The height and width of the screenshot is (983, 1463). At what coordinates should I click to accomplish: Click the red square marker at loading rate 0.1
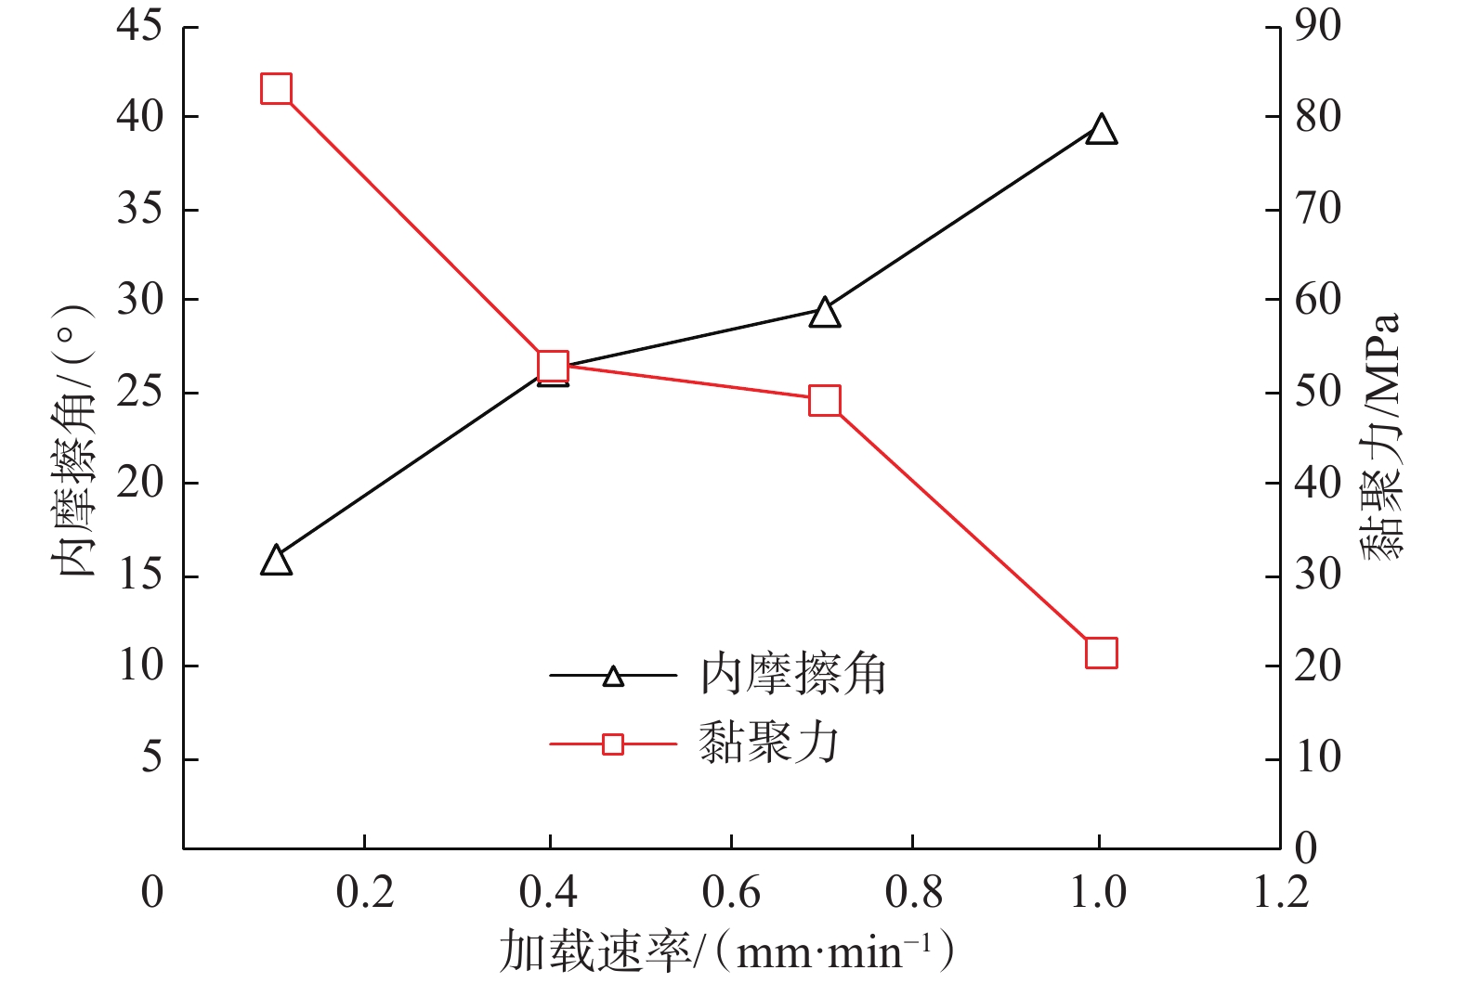tap(277, 89)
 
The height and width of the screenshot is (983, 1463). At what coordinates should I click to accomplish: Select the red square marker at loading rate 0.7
tap(825, 401)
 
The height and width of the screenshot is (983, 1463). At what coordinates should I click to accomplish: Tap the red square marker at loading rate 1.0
tap(1101, 653)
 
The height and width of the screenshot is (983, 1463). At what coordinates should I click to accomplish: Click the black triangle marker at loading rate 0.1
tap(277, 562)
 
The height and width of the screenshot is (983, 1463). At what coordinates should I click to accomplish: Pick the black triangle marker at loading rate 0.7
tap(825, 314)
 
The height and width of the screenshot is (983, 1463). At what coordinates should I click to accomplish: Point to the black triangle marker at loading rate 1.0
tap(1101, 130)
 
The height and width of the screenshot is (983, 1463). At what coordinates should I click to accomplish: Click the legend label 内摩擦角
tap(793, 675)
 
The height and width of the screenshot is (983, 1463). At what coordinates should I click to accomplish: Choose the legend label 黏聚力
tap(769, 744)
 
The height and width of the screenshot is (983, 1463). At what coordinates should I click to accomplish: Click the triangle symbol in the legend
tap(613, 676)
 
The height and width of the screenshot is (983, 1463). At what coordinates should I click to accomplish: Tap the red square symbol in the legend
tap(613, 744)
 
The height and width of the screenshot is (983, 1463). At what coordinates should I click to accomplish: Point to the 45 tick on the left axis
tap(139, 26)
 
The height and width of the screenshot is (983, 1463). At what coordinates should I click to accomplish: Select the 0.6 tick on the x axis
tap(731, 893)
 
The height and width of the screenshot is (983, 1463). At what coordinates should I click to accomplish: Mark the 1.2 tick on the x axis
tap(1281, 893)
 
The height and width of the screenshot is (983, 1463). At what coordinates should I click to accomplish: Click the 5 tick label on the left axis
tap(151, 758)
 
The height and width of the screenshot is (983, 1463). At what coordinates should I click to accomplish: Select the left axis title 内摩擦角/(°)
tap(74, 441)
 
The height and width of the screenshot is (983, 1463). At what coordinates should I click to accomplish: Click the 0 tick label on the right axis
tap(1306, 848)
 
